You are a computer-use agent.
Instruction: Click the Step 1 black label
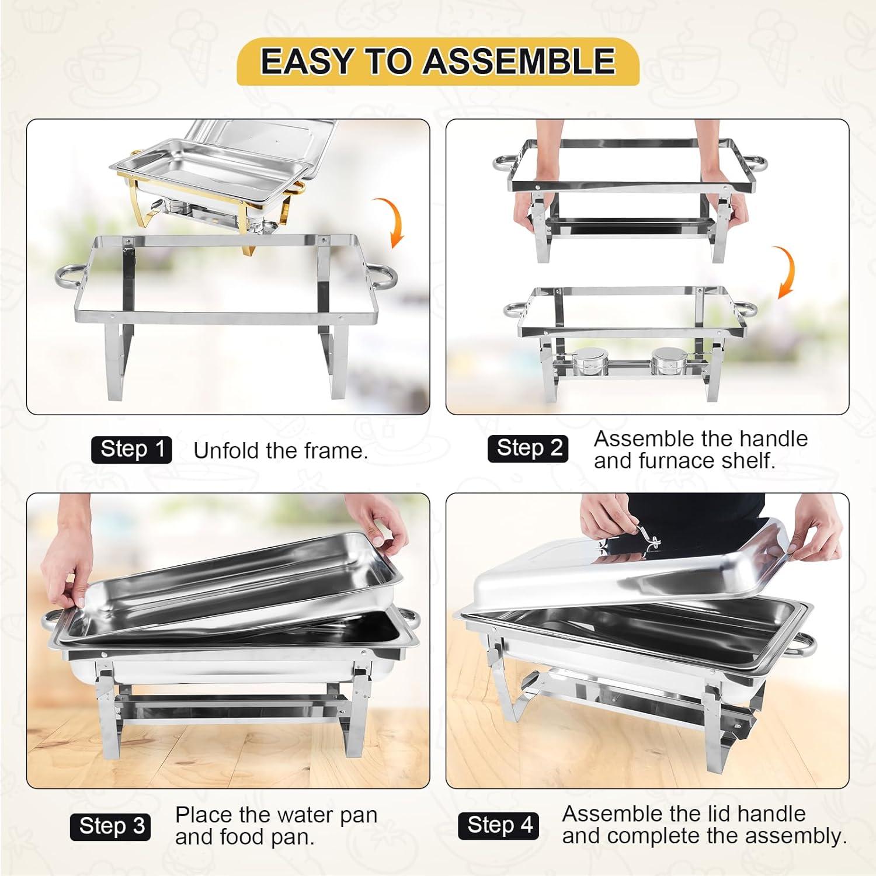[x=131, y=450]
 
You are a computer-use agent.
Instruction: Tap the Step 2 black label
[x=528, y=449]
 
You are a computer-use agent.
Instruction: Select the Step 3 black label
[x=110, y=826]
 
